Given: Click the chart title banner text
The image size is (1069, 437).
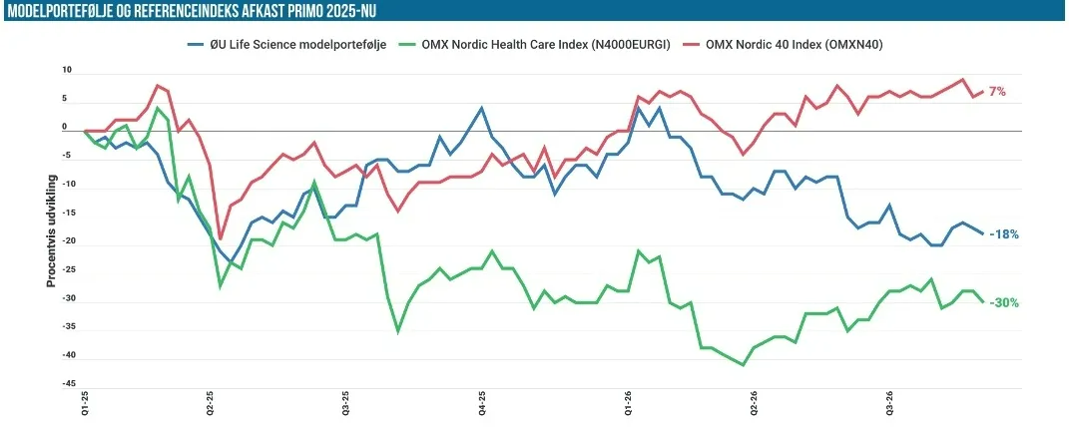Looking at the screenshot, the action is [192, 10].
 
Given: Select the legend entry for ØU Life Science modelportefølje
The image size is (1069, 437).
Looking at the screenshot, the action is [287, 45].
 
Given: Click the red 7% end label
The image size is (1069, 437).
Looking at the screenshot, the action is [997, 92].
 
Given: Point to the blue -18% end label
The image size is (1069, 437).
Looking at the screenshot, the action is [1003, 233].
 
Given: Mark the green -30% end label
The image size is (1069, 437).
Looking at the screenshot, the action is [1003, 302].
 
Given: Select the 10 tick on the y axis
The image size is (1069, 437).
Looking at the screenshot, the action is [67, 70].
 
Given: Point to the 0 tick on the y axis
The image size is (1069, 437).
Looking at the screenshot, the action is [65, 127].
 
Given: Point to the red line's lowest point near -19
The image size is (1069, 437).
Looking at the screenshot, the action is [221, 239].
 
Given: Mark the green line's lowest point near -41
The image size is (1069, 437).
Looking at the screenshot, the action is [744, 365].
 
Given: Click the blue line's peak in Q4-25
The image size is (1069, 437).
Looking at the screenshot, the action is [482, 108].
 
